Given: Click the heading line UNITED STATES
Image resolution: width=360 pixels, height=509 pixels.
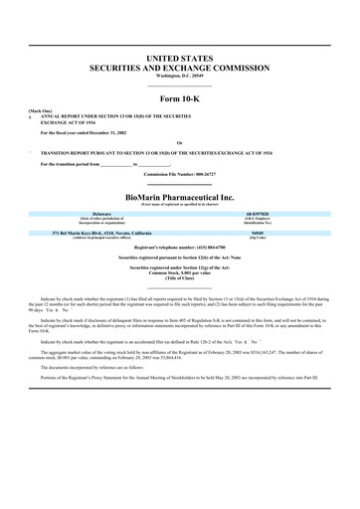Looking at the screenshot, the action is [180, 61].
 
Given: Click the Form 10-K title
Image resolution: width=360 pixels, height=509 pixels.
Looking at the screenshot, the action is [180, 100].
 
